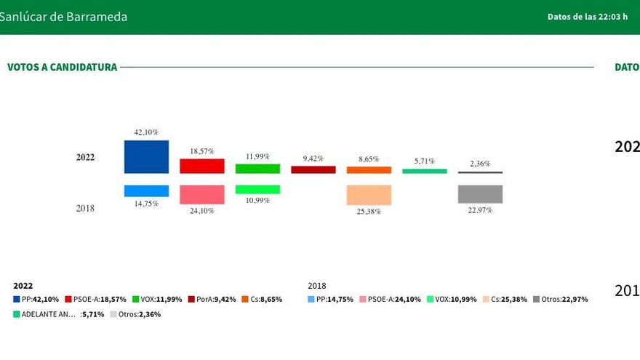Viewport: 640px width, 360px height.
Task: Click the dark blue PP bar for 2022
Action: [146, 156]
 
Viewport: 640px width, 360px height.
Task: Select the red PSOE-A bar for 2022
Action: [202, 166]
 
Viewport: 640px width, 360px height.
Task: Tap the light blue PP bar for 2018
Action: [146, 191]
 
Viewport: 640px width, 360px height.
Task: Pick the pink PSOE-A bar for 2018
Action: [202, 194]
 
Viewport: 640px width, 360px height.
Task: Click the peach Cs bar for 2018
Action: [369, 195]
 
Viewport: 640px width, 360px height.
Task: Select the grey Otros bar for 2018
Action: [480, 194]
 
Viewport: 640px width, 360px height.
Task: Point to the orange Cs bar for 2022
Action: [369, 170]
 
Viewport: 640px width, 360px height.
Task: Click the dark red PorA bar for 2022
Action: [313, 169]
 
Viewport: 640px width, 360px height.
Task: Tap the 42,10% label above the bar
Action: [146, 132]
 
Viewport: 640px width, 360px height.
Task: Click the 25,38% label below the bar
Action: [369, 212]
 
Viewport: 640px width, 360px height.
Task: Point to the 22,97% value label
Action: [480, 210]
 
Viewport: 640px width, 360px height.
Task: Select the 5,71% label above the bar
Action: [425, 161]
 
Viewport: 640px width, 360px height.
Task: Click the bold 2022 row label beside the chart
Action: [85, 157]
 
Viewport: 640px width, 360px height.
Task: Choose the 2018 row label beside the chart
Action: [85, 208]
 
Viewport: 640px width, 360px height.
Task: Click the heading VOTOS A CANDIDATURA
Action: [62, 68]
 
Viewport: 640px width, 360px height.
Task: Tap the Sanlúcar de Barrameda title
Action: [63, 17]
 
